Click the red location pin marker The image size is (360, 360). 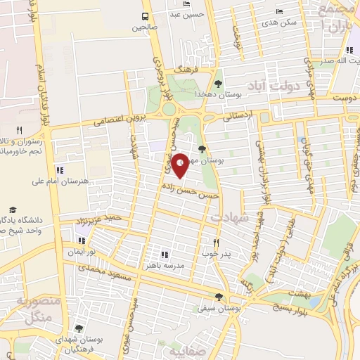181,166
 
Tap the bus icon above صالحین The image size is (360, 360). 145,16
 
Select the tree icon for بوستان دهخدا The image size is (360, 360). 218,84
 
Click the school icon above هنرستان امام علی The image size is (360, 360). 60,169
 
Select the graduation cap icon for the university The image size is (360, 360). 13,210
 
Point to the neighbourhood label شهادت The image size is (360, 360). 229,219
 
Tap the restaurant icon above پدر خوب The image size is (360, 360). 217,243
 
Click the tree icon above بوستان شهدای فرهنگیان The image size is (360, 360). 78,328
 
